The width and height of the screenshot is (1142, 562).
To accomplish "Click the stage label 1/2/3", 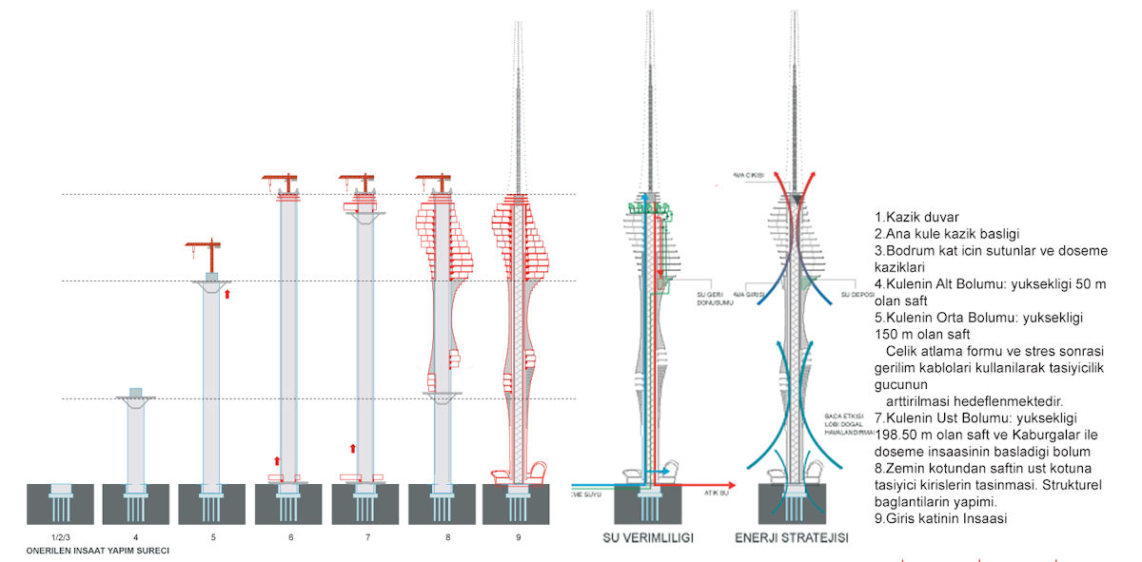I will point(60,538).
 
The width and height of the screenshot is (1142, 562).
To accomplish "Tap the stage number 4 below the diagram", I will point(136,538).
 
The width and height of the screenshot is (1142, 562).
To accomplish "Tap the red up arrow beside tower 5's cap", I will point(226,294).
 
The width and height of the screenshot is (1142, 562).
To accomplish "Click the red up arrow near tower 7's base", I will point(352,448).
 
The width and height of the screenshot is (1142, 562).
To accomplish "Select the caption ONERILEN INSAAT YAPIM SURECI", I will point(91,551).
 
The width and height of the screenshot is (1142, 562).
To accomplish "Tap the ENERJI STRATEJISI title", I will point(790,537).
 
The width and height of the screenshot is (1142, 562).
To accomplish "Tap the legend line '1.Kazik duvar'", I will point(916,216).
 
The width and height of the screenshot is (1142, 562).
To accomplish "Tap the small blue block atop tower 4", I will point(136,393).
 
